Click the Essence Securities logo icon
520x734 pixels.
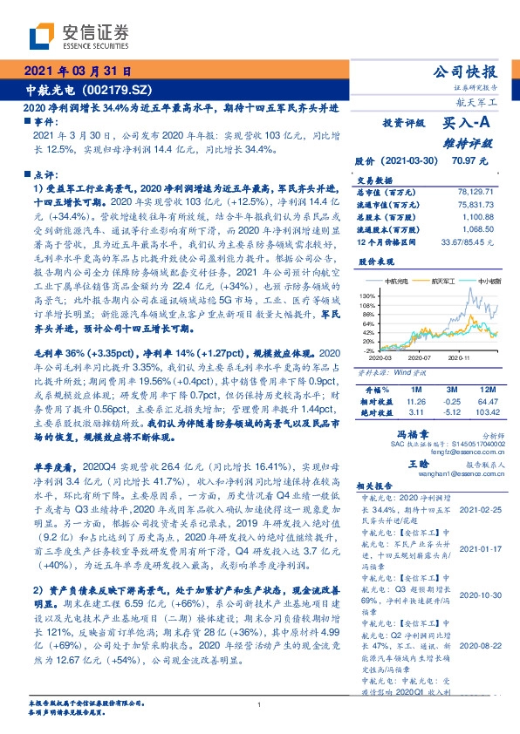pyautogui.click(x=44, y=37)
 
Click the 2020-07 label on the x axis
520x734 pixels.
pyautogui.click(x=421, y=357)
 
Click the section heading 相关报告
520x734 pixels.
pyautogui.click(x=379, y=486)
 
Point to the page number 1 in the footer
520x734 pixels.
pyautogui.click(x=259, y=704)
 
